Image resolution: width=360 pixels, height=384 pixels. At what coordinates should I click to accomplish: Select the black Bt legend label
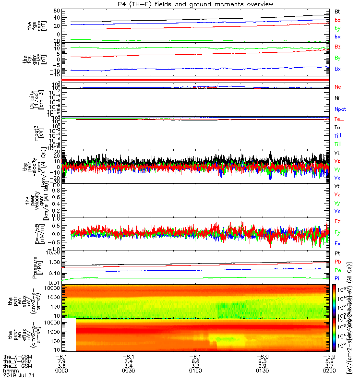[x=337, y=11]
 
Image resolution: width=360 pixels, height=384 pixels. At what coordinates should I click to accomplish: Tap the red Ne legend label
[x=338, y=87]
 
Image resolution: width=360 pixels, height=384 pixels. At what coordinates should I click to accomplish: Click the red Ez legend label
[x=338, y=221]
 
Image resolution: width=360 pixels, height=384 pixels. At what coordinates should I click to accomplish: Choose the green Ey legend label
[x=338, y=232]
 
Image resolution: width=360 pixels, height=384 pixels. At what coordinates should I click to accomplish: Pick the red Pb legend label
[x=338, y=262]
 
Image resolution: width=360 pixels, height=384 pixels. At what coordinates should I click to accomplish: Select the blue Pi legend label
[x=337, y=278]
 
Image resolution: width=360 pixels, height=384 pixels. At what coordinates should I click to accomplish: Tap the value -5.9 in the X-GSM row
[x=328, y=356]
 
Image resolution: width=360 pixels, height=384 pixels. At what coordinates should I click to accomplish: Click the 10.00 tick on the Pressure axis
[x=52, y=252]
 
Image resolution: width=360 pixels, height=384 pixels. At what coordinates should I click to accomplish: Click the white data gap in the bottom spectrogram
[x=69, y=336]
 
